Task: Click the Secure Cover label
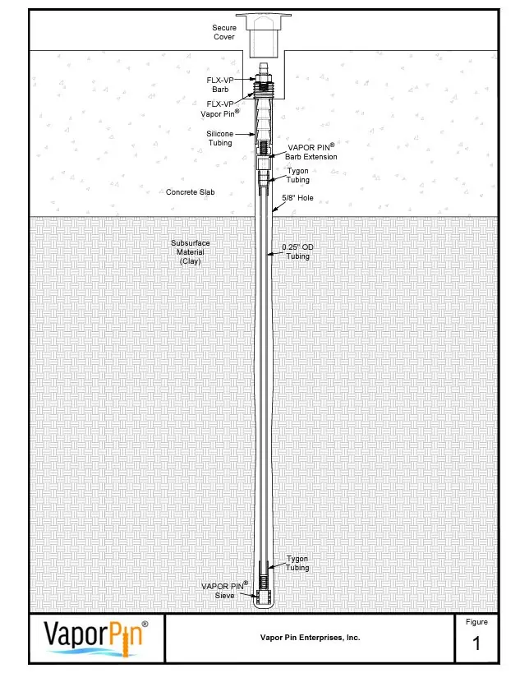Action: [x=224, y=32]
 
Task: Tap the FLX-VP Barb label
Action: [x=219, y=83]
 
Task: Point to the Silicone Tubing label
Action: [x=219, y=137]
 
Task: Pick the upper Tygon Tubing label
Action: [x=297, y=175]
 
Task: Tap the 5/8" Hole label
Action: [x=298, y=197]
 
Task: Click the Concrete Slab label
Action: [x=190, y=192]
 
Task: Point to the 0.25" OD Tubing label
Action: [x=297, y=251]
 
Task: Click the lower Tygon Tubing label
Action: [x=297, y=563]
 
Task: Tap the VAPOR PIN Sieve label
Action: [x=224, y=590]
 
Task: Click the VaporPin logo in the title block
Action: [x=96, y=638]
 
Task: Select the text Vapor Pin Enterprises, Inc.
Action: [x=310, y=637]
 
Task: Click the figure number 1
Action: [x=476, y=645]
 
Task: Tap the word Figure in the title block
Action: [x=476, y=622]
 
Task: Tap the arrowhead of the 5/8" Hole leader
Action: [x=273, y=213]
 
